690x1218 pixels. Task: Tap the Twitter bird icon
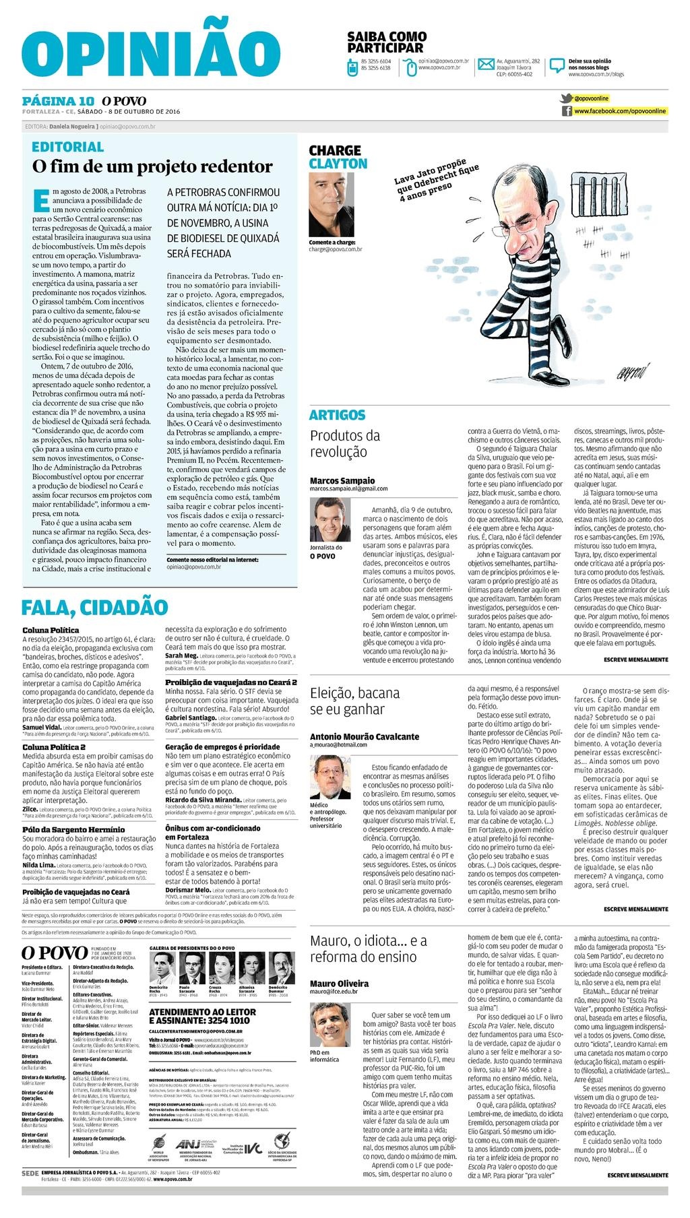pyautogui.click(x=566, y=98)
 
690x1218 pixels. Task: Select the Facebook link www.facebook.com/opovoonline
pyautogui.click(x=620, y=110)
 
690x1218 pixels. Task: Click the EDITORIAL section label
pyautogui.click(x=68, y=147)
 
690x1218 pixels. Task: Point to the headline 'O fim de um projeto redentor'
pyautogui.click(x=153, y=166)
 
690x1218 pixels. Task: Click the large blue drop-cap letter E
pyautogui.click(x=41, y=200)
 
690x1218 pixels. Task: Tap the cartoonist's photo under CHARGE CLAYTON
pyautogui.click(x=331, y=204)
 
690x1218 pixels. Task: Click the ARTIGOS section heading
pyautogui.click(x=337, y=415)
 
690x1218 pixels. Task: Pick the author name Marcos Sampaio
pyautogui.click(x=342, y=480)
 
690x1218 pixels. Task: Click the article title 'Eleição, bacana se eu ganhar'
pyautogui.click(x=355, y=701)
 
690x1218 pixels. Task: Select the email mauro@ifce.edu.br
pyautogui.click(x=334, y=992)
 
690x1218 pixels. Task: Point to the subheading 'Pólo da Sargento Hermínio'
pyautogui.click(x=73, y=829)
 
